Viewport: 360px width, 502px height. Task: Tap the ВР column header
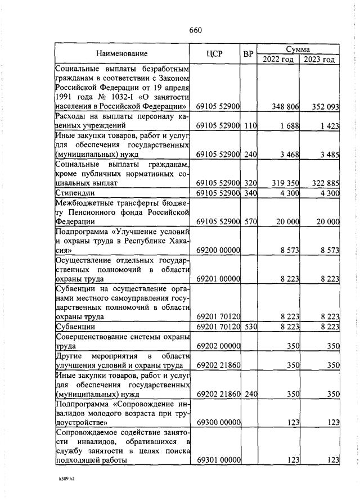247,54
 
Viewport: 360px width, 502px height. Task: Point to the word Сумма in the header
298,49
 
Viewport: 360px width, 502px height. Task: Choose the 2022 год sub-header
277,60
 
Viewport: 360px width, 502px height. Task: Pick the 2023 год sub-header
319,60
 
